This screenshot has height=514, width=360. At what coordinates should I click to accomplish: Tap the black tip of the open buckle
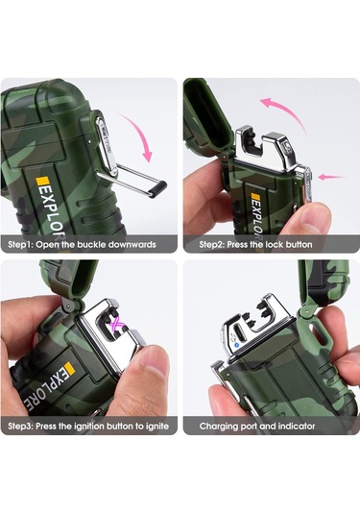click(x=157, y=189)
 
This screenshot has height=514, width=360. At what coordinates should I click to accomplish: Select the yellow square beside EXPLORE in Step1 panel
click(x=41, y=181)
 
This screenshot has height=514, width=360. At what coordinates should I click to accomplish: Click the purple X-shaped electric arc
click(x=117, y=326)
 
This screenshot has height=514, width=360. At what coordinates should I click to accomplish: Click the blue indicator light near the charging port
click(x=236, y=345)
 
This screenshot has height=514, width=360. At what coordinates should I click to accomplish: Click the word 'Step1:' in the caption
click(x=20, y=245)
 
